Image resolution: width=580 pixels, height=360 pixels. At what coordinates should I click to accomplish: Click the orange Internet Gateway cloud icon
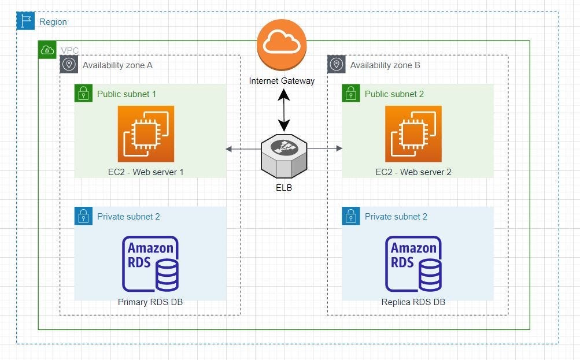282,44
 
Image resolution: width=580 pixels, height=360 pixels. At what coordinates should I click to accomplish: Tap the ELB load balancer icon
283,156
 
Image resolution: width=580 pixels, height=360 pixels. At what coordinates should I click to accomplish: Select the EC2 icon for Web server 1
146,133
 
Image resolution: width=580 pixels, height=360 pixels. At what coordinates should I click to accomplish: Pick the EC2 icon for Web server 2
413,133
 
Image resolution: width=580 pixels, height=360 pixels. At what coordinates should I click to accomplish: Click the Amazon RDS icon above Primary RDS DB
150,263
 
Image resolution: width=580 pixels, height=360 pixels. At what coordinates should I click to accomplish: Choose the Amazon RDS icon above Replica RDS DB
413,263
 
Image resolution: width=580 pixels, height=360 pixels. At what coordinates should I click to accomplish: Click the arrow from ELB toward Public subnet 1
243,149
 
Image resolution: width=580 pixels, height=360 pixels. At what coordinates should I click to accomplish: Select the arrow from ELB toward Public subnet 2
325,149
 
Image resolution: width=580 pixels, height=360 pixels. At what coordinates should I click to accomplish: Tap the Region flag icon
25,21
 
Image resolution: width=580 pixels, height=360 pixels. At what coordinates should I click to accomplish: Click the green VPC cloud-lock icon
47,50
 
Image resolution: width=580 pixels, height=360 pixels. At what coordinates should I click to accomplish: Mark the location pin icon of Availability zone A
69,65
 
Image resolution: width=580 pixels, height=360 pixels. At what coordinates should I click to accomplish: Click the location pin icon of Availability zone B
337,65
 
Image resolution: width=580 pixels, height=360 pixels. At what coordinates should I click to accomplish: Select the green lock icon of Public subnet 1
84,94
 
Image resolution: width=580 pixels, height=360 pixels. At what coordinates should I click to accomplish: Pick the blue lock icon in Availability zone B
351,216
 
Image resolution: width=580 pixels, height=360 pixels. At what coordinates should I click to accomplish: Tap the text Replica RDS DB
413,302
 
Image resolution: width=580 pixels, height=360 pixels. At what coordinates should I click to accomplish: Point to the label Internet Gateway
282,81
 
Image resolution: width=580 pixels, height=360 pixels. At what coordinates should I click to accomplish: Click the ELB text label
283,187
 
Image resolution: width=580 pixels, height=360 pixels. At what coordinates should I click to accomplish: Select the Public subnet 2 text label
394,94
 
